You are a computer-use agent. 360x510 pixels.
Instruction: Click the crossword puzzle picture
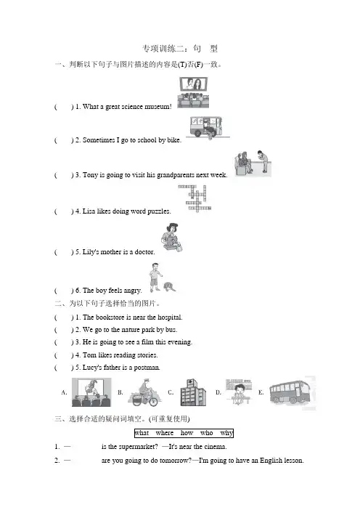pos(195,198)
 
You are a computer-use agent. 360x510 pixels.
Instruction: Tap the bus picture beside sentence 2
pos(207,128)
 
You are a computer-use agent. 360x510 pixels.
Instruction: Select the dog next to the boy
pos(168,287)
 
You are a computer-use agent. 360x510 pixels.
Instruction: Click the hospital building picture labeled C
pos(193,392)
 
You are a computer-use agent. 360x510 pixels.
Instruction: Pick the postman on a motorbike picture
pos(145,392)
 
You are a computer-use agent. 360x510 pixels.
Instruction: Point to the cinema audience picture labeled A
pos(91,392)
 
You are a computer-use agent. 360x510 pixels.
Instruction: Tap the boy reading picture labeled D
pos(239,392)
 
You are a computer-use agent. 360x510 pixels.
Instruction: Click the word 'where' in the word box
pos(165,433)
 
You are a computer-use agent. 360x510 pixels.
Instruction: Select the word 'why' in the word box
pos(226,433)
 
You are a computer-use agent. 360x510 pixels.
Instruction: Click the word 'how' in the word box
pos(187,433)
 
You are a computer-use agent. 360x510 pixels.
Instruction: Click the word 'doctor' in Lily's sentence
pos(144,252)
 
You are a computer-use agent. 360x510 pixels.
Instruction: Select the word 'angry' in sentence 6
pos(133,291)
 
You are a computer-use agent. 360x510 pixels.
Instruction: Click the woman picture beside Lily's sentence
pos(171,237)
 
